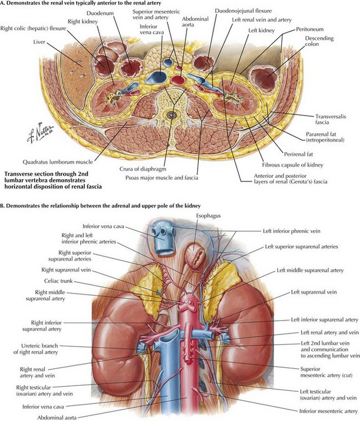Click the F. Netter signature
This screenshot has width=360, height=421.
point(40,132)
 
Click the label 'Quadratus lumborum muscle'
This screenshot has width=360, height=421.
point(58,162)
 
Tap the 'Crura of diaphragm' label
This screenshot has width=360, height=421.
point(143,169)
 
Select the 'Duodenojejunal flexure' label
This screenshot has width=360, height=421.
point(243,11)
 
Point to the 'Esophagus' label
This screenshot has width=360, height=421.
point(208,216)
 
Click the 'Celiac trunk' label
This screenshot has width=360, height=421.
point(58,281)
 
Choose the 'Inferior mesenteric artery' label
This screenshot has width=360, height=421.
point(329,411)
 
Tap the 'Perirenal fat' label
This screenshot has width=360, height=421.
point(298,154)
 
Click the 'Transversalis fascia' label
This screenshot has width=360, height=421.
point(330,120)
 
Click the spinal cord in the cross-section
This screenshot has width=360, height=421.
point(171,115)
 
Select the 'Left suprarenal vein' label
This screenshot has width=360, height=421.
point(314,292)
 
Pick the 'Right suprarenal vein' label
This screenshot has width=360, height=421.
point(66,270)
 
